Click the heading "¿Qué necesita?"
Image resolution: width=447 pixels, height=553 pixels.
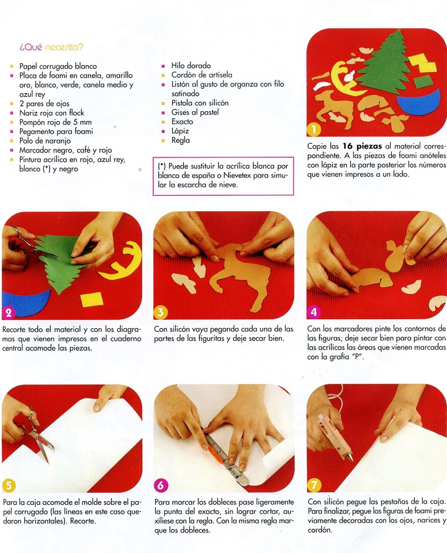tap(52, 47)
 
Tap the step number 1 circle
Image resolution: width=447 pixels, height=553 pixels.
tap(314, 130)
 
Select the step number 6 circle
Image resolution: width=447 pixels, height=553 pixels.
tap(160, 486)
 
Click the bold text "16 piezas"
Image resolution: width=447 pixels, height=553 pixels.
tap(362, 146)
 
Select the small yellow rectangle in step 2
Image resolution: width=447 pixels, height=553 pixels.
tap(92, 299)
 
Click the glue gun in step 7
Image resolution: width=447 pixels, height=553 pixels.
tap(335, 438)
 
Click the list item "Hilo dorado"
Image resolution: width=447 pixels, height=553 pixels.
tap(191, 65)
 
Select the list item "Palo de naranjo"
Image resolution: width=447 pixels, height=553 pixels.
tap(45, 141)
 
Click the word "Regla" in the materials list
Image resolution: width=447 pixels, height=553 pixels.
tap(180, 140)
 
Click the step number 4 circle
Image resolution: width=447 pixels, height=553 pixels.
tap(314, 312)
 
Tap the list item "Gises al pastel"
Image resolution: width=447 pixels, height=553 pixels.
tap(195, 112)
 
